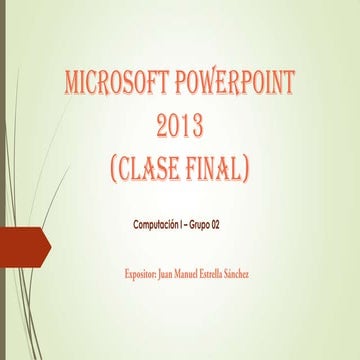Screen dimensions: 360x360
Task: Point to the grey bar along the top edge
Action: click(180, 3)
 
